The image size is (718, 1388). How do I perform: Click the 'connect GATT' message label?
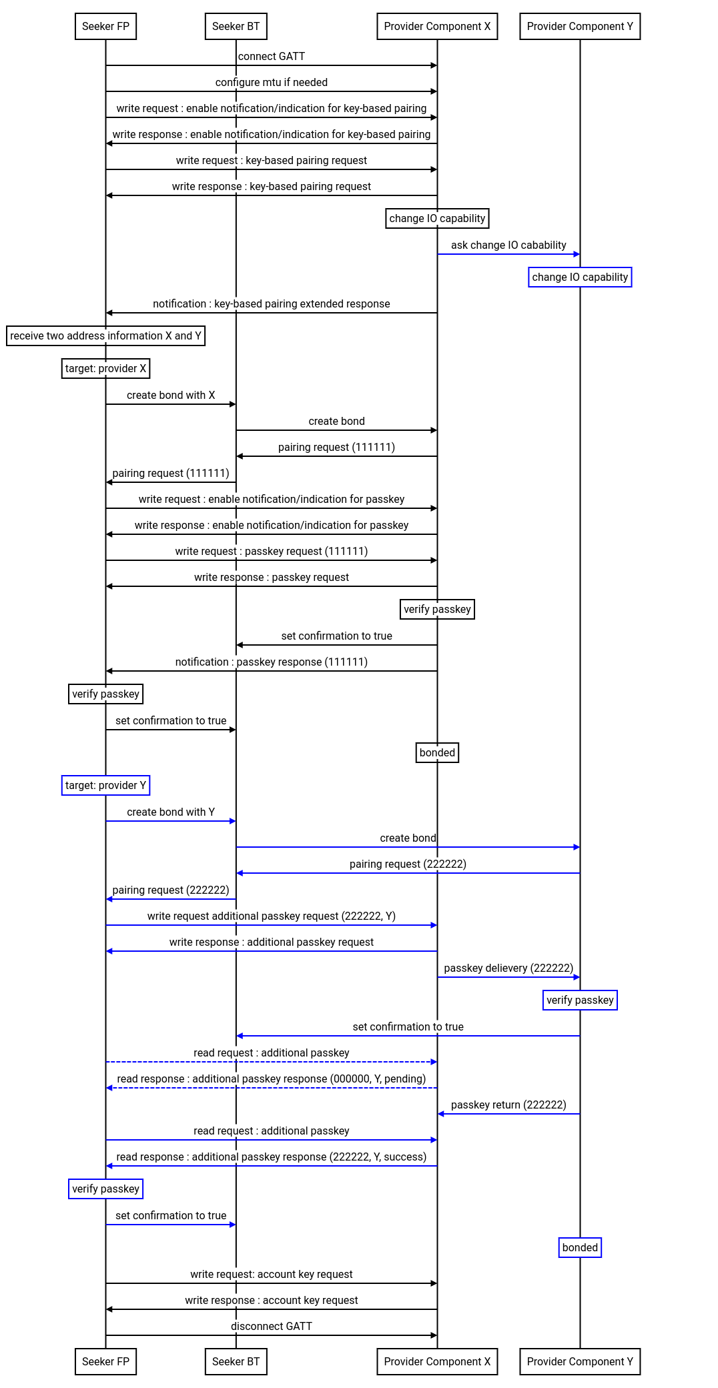(x=272, y=57)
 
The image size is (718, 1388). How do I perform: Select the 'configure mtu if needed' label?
(x=272, y=83)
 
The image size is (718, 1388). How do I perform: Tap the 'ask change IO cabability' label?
(x=508, y=245)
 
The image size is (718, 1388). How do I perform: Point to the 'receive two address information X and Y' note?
(x=106, y=336)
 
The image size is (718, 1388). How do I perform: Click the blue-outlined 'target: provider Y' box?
(x=105, y=786)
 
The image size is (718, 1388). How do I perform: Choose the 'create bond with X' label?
(x=171, y=396)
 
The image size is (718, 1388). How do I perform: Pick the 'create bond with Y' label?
(x=171, y=812)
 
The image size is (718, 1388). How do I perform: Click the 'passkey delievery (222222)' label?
(x=508, y=968)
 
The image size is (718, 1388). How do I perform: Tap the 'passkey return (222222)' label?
(x=508, y=1105)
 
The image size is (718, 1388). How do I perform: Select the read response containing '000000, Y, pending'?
(x=272, y=1079)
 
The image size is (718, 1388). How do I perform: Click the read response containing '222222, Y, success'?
(x=272, y=1157)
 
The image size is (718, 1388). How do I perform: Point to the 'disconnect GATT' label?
(x=272, y=1327)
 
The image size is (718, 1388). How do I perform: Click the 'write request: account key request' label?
(x=272, y=1275)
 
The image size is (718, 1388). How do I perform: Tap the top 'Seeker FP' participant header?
(x=106, y=27)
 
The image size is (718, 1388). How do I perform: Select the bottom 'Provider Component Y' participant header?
(x=580, y=1362)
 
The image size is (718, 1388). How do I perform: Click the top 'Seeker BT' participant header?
(x=236, y=27)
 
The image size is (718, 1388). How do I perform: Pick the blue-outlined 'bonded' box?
(x=580, y=1248)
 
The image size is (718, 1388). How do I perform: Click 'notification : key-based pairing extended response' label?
(x=272, y=304)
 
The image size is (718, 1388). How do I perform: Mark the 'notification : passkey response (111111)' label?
(x=272, y=662)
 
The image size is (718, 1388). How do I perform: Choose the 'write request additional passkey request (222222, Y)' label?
(x=272, y=916)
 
